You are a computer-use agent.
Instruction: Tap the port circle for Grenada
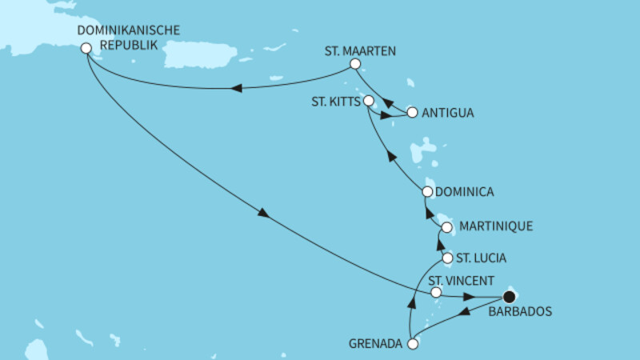tap(413, 345)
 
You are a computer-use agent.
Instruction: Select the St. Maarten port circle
tap(356, 64)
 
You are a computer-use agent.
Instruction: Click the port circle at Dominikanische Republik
tap(86, 49)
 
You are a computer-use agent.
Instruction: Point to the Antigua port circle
tap(412, 113)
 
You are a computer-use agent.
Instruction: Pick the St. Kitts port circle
tap(369, 101)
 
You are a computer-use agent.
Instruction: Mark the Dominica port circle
tap(427, 192)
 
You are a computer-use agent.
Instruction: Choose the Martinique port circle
tap(446, 228)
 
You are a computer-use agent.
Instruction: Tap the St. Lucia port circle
tap(447, 258)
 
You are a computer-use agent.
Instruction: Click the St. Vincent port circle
tap(436, 293)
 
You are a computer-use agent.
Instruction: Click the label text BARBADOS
tap(519, 313)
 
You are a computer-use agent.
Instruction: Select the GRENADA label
tap(375, 345)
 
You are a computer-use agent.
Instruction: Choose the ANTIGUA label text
tap(447, 113)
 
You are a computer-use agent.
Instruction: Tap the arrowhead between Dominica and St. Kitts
tap(390, 156)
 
